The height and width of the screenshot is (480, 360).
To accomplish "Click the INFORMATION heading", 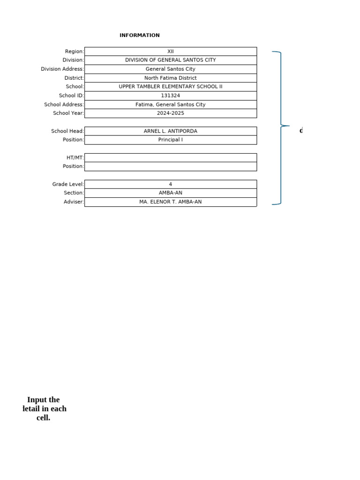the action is point(139,35).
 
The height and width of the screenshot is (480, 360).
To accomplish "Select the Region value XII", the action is point(170,52).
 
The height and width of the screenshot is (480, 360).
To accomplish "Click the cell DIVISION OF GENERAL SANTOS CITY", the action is point(170,60).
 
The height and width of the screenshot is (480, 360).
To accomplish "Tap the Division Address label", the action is point(62,69).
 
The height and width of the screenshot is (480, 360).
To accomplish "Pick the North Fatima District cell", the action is point(170,78).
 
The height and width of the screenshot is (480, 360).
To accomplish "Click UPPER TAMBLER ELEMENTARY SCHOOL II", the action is point(170,87).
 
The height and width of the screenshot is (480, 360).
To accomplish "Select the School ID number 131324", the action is point(170,96).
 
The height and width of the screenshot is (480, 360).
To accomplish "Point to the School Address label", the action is point(64,105).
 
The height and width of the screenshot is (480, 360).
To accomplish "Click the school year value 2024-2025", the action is point(170,113).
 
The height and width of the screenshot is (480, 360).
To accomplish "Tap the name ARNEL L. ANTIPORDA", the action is point(170,131).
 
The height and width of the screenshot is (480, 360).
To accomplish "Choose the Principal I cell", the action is point(170,140).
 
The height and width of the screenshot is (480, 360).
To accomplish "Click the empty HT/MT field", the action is point(170,157).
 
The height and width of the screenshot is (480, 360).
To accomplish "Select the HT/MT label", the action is point(75,157).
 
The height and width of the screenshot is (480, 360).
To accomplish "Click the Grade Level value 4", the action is point(170,184).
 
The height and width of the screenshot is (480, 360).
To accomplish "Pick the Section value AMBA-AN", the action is point(170,193).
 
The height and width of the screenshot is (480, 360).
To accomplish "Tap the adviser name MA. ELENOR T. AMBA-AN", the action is point(170,202).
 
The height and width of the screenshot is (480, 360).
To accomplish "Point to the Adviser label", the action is point(74,202).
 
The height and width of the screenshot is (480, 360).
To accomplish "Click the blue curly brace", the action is point(281,126).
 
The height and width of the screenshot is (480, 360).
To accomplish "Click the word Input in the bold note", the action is point(37,400).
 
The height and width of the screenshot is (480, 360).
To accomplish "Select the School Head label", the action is point(67,131).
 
